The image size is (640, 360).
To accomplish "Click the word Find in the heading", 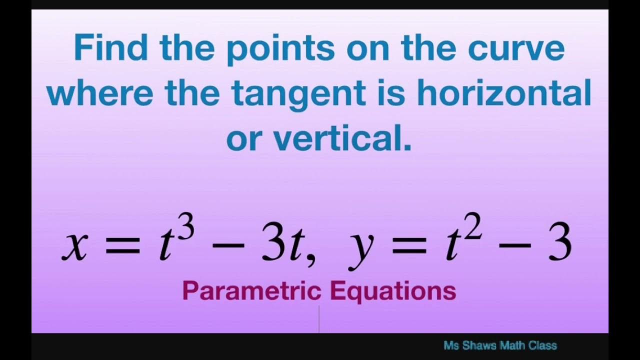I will (110, 48).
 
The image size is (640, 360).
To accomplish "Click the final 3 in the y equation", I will (559, 245).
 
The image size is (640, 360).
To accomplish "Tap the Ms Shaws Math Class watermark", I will (499, 345).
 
